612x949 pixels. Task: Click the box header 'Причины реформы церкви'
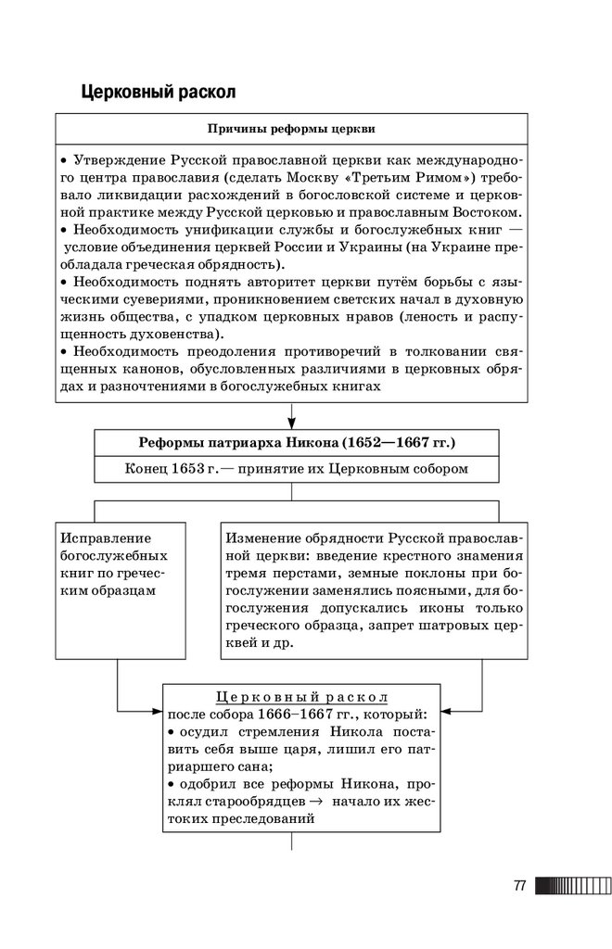coord(292,128)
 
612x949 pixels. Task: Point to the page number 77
coord(518,886)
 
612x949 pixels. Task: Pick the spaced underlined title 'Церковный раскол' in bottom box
coord(300,696)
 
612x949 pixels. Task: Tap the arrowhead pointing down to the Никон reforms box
coord(292,422)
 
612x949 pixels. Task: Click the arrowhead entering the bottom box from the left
coord(157,712)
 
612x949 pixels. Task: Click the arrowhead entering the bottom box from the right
coord(446,712)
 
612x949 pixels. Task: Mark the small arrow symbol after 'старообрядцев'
coord(315,802)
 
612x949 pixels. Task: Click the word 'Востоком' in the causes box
coord(473,211)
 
